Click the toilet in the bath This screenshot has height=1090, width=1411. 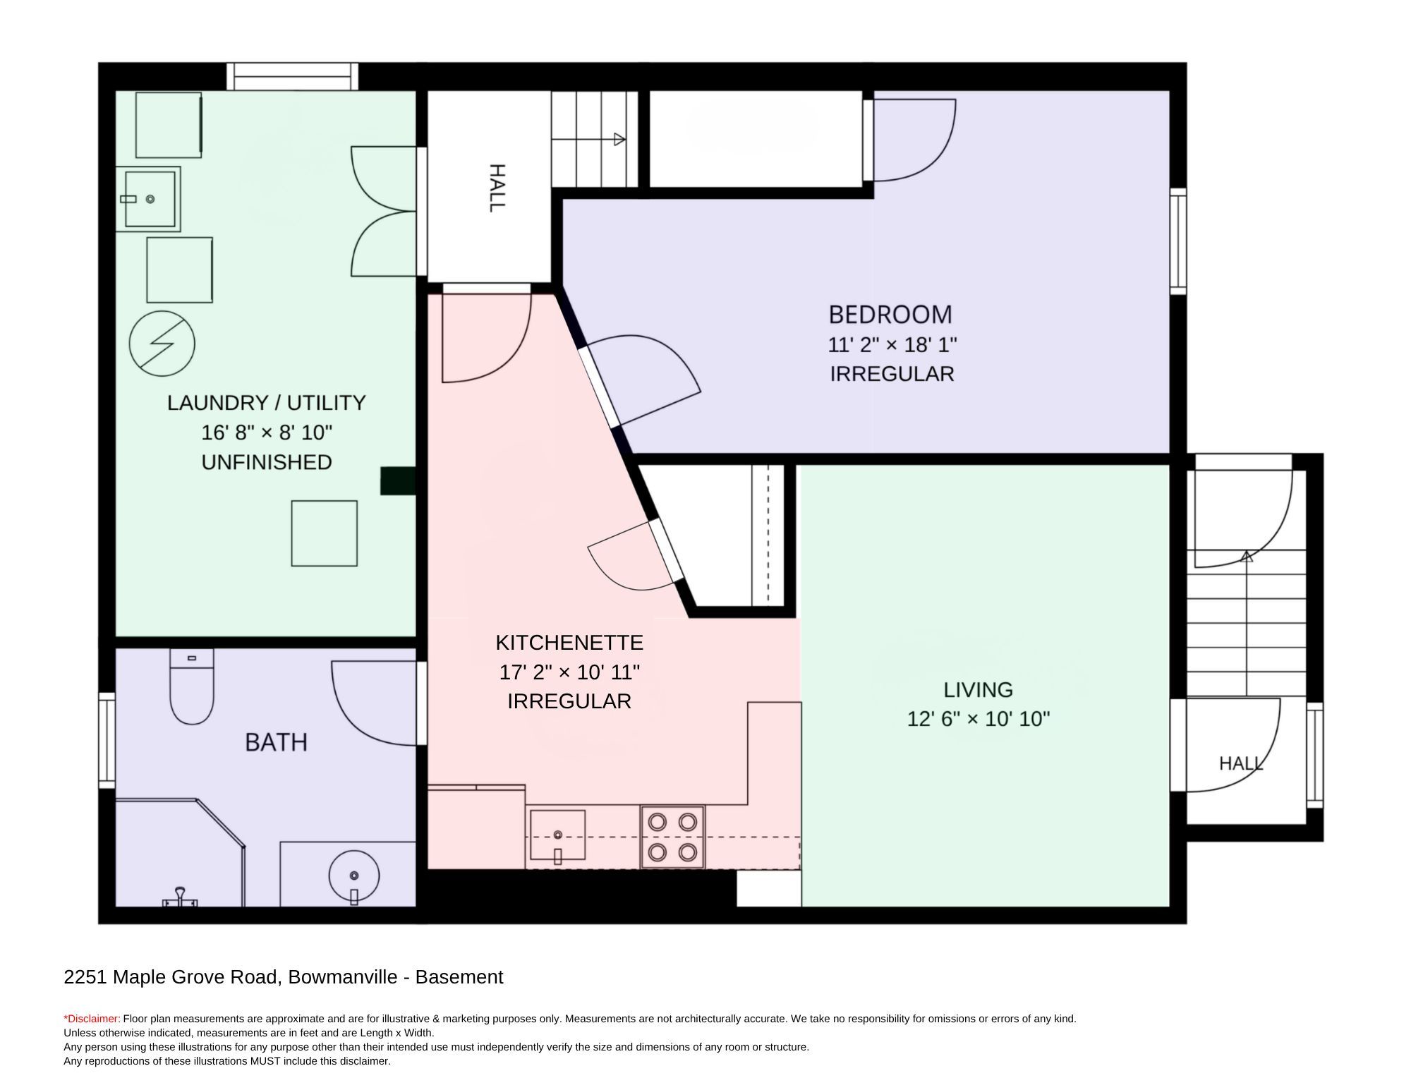[x=192, y=686]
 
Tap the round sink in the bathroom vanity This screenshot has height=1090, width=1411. [x=353, y=876]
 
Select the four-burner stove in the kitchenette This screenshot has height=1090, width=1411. [x=672, y=837]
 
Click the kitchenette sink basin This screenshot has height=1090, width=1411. [x=557, y=835]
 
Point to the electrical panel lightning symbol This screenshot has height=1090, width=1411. [x=162, y=344]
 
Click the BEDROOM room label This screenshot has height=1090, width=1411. [x=890, y=314]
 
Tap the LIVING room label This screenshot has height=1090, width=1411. [x=979, y=689]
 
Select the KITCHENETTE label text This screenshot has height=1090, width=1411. [x=569, y=643]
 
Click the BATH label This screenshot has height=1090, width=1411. [x=276, y=742]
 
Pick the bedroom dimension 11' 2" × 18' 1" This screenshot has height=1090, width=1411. [x=892, y=345]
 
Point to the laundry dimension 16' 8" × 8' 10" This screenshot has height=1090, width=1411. [x=267, y=432]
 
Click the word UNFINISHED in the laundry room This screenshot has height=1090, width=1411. [x=267, y=462]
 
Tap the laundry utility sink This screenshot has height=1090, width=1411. [x=148, y=199]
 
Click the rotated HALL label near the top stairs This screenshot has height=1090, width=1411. [x=497, y=188]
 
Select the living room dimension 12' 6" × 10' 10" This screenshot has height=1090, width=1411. [x=979, y=719]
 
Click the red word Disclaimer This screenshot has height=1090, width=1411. [x=92, y=1019]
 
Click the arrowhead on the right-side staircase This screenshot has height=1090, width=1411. [x=1247, y=556]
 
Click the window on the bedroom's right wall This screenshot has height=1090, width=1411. [x=1178, y=241]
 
